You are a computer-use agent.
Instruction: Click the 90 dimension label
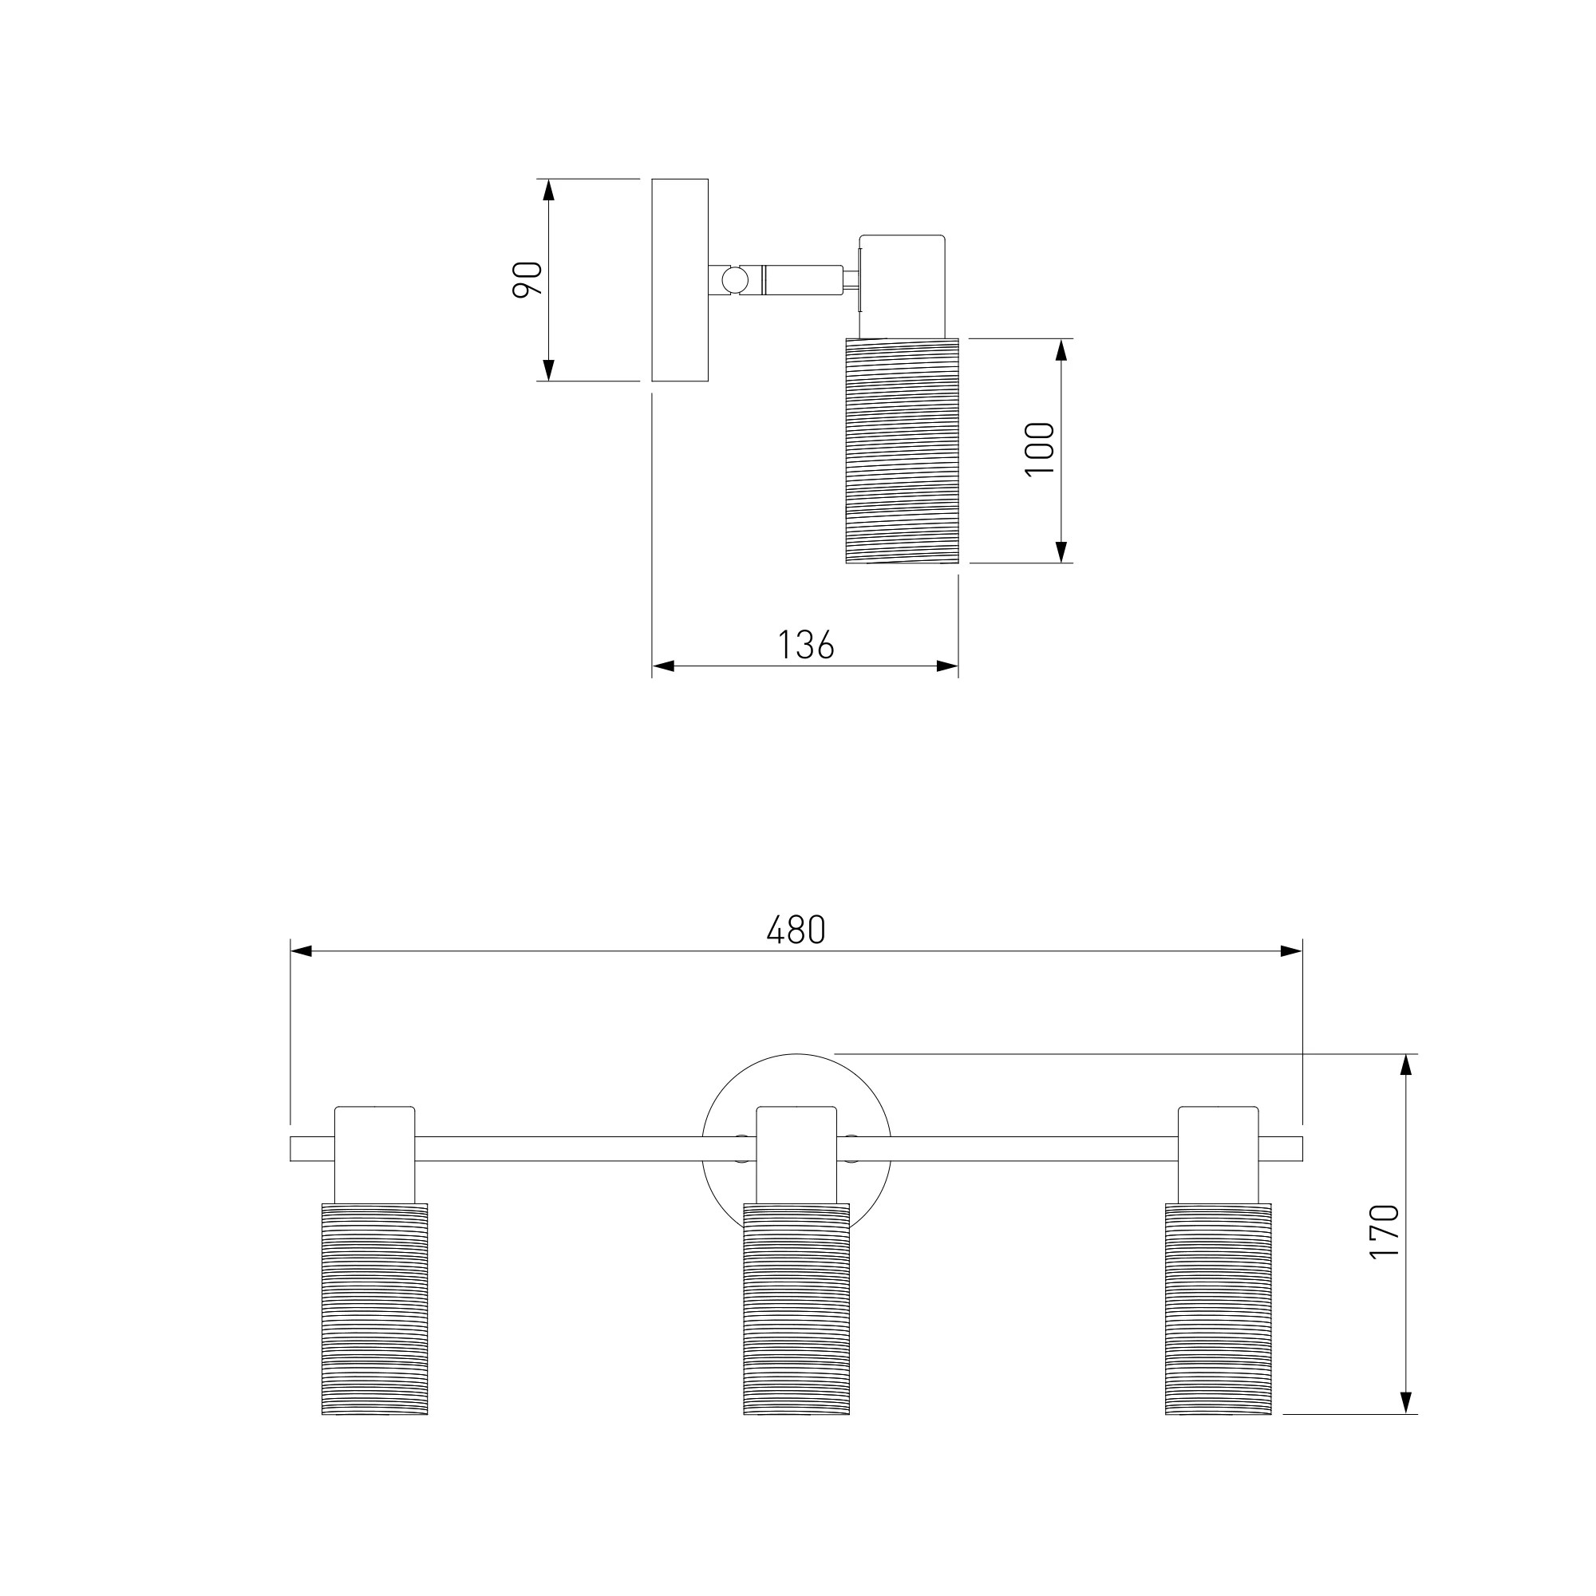(x=527, y=279)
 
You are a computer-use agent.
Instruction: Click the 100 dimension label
(x=1040, y=448)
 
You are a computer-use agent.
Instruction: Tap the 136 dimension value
(x=806, y=645)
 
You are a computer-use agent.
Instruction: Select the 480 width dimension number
(x=796, y=931)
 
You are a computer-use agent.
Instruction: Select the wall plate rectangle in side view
(x=680, y=280)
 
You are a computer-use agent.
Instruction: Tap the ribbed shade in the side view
(x=902, y=451)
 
